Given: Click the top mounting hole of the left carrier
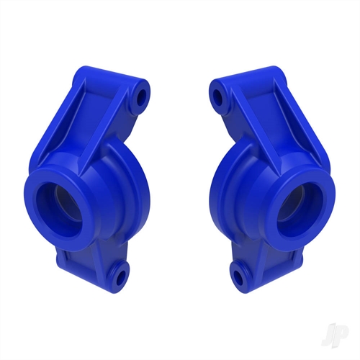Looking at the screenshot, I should pos(141,95).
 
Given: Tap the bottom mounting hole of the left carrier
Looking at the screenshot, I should pos(117,272).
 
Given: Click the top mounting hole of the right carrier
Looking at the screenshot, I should pos(217,94).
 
